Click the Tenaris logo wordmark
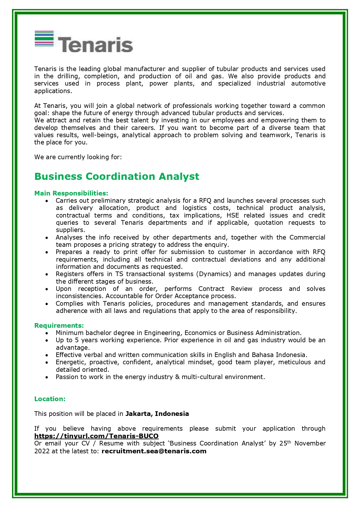[x=96, y=44]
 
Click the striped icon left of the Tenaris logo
[x=44, y=39]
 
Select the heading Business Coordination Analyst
[x=117, y=176]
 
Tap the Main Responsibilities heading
[x=71, y=193]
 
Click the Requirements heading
[x=59, y=325]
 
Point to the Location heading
[x=50, y=399]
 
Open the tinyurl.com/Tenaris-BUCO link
[x=96, y=436]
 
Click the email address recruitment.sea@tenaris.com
[x=154, y=451]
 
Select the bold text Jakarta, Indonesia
[x=157, y=414]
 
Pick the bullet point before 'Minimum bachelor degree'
[x=47, y=333]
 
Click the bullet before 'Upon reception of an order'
[x=47, y=289]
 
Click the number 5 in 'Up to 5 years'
[x=77, y=340]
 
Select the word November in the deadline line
[x=310, y=443]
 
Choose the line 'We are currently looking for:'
[x=78, y=157]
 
